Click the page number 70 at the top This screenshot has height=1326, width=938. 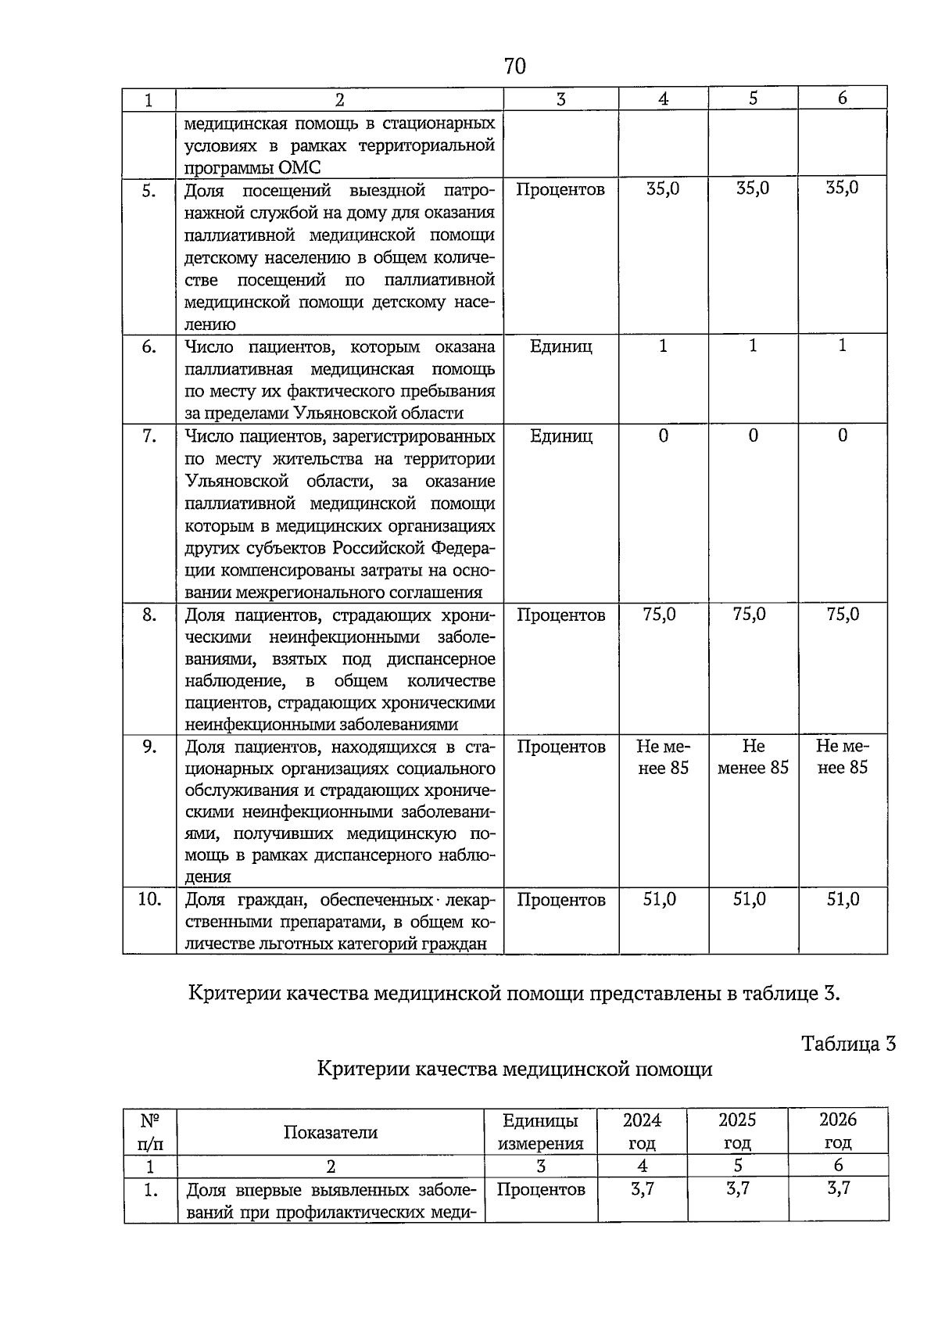pos(515,66)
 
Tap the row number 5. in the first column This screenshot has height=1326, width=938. pos(149,190)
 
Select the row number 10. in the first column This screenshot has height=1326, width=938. pos(149,899)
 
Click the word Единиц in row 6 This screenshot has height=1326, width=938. pos(560,346)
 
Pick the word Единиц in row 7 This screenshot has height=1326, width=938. pos(560,436)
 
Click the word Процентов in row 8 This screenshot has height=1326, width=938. pos(560,615)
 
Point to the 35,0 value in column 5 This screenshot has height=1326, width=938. pos(753,188)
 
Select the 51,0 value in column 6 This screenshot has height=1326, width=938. pos(843,900)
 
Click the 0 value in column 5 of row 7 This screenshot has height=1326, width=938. pos(753,436)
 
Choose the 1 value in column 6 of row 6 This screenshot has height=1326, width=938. pos(842,346)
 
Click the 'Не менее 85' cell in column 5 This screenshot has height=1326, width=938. pos(753,757)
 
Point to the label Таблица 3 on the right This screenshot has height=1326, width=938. pos(848,1044)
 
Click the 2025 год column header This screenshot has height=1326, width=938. pos(737,1131)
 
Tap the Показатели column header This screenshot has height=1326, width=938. pos(330,1132)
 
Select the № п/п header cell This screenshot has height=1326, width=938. pos(150,1131)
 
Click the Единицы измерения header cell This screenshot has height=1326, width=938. pos(540,1131)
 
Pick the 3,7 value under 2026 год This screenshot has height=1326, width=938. pos(838,1189)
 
